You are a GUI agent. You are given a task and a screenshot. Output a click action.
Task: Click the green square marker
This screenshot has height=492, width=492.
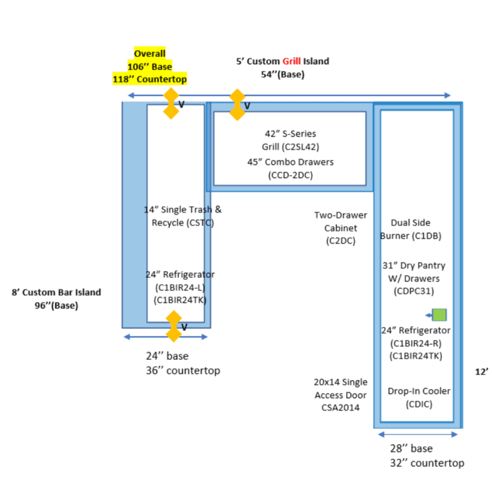click(439, 315)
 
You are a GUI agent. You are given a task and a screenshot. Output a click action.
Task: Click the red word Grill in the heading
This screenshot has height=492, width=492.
click(291, 61)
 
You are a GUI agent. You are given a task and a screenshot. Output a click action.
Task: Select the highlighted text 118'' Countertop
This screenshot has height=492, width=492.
click(150, 79)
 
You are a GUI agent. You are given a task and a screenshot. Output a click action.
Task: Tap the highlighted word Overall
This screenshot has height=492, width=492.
click(150, 54)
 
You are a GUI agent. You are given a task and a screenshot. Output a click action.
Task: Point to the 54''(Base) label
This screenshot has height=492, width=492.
click(283, 75)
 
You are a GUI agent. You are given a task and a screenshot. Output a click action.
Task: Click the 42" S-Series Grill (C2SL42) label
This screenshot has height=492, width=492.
click(291, 140)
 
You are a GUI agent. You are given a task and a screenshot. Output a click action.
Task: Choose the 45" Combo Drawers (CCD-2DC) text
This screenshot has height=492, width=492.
click(291, 168)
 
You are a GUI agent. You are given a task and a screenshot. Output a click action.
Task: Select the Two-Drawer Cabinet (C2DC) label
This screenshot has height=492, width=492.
click(341, 228)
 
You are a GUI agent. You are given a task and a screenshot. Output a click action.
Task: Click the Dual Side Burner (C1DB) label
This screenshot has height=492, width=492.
click(411, 229)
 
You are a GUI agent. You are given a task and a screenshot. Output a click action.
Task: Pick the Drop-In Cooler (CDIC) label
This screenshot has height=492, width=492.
click(419, 398)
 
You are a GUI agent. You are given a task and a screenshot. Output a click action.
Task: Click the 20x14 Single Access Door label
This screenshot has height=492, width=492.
click(341, 388)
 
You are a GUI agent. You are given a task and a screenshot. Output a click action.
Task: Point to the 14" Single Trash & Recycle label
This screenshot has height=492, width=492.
click(183, 216)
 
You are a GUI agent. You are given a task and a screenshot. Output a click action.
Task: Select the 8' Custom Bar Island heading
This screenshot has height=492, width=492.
click(56, 292)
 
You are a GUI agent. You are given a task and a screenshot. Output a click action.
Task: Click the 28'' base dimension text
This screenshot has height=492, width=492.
click(411, 448)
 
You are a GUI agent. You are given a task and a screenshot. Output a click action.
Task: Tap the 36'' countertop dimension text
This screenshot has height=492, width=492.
click(183, 370)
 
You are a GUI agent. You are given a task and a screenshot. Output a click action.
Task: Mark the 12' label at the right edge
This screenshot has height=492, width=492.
click(482, 372)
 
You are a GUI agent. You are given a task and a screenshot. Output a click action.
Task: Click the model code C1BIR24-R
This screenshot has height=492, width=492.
click(416, 343)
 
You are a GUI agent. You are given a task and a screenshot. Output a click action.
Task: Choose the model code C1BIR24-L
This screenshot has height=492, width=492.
click(180, 288)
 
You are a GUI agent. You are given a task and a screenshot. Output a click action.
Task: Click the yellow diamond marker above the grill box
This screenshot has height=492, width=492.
click(237, 105)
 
